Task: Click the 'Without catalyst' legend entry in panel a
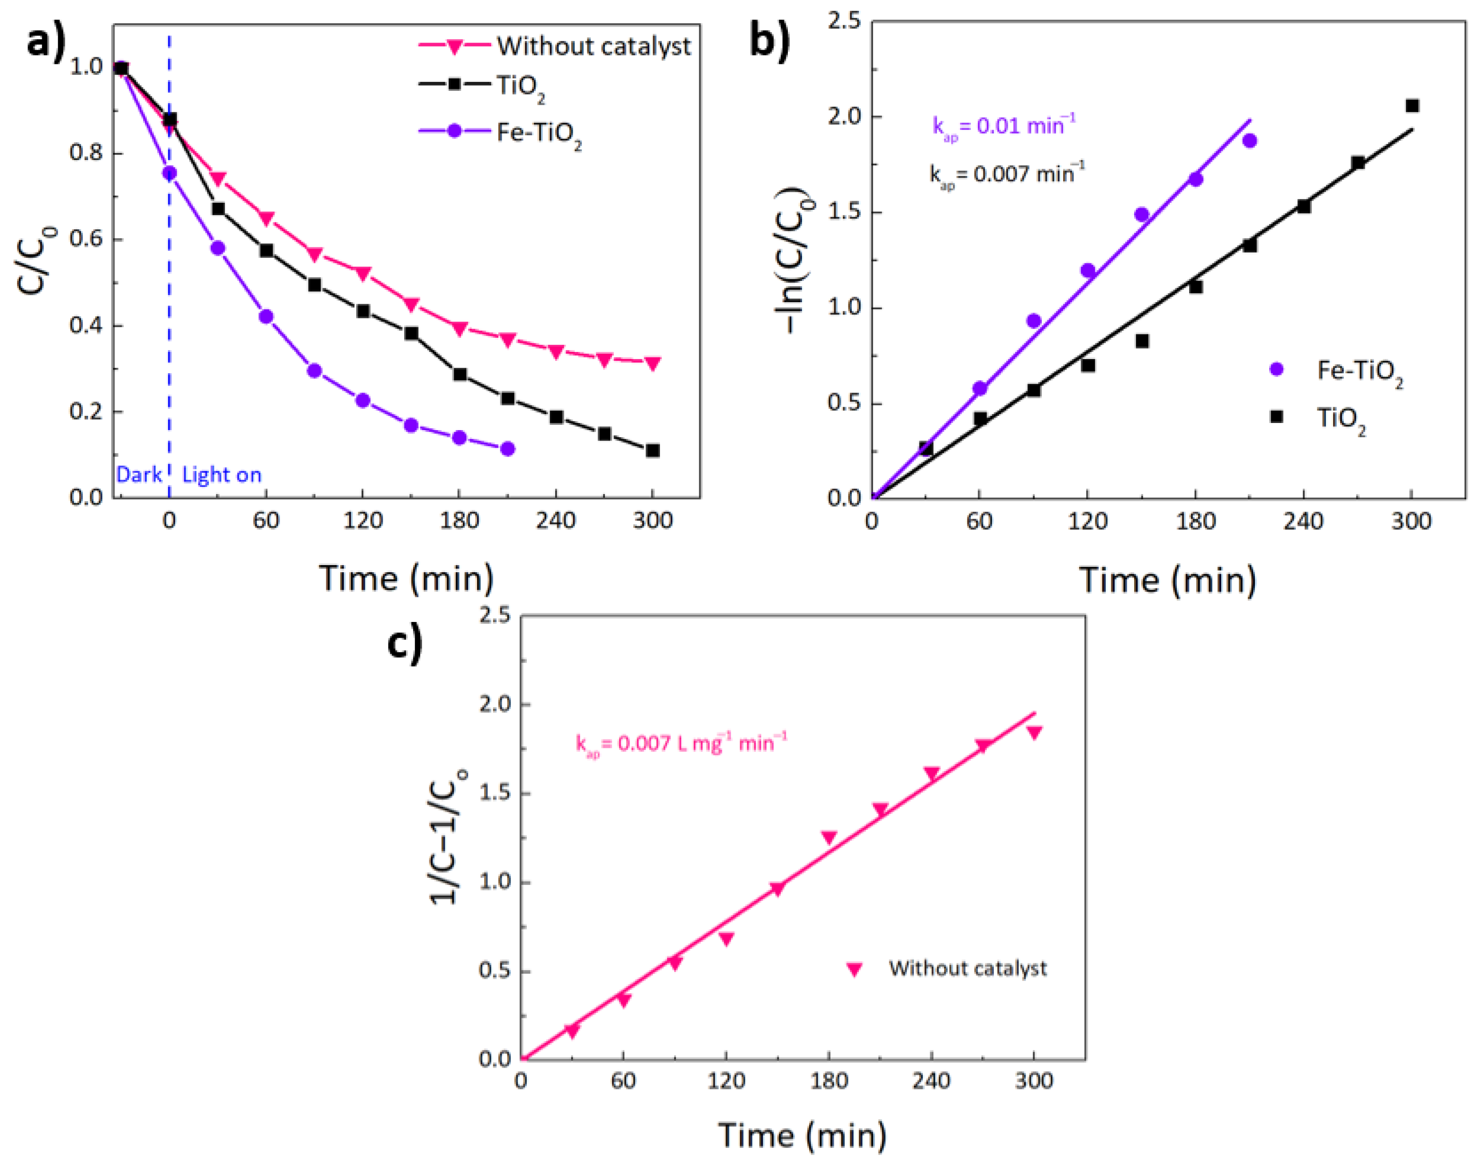click(x=593, y=46)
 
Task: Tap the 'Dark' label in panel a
click(x=139, y=475)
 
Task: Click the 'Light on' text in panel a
click(x=221, y=475)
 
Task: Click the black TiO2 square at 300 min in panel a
click(x=653, y=451)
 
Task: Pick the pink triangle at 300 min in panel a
click(x=653, y=363)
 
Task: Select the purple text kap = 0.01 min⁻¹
click(x=1003, y=126)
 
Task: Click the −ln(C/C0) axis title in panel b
click(x=794, y=261)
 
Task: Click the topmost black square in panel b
click(x=1412, y=106)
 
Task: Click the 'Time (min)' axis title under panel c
click(x=802, y=1136)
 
